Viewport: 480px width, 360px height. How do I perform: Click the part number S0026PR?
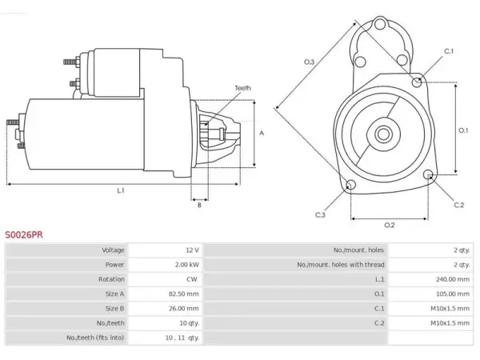24,234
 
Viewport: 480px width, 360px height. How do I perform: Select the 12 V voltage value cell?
192,250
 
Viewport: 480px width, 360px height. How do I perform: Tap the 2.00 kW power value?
186,265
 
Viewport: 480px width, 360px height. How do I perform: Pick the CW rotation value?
192,279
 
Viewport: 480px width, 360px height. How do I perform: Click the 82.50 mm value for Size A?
184,294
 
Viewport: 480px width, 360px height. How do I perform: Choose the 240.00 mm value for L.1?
453,279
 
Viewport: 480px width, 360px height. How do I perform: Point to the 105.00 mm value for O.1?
453,294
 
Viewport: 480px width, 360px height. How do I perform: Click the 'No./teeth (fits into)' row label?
95,338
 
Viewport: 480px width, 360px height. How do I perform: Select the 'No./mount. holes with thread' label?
341,265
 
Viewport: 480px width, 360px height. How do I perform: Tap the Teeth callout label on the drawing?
242,88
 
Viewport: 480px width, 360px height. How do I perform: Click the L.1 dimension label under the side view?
121,190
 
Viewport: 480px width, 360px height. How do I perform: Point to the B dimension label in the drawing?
199,205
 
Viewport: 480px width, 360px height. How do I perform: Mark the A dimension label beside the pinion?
262,133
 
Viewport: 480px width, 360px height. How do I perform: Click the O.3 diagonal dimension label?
309,62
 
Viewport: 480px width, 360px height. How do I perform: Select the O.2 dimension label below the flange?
390,226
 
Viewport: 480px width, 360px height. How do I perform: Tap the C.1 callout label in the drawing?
449,51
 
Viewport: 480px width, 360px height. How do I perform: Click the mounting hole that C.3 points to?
350,185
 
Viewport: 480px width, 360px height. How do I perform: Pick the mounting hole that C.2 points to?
429,174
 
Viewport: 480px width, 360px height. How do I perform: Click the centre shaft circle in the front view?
383,134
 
